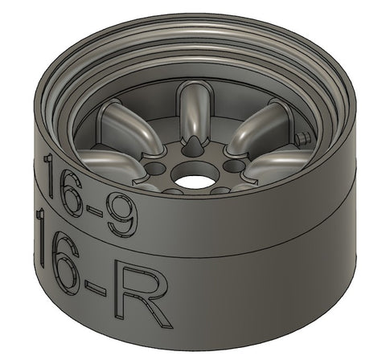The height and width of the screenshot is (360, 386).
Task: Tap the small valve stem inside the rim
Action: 302,139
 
